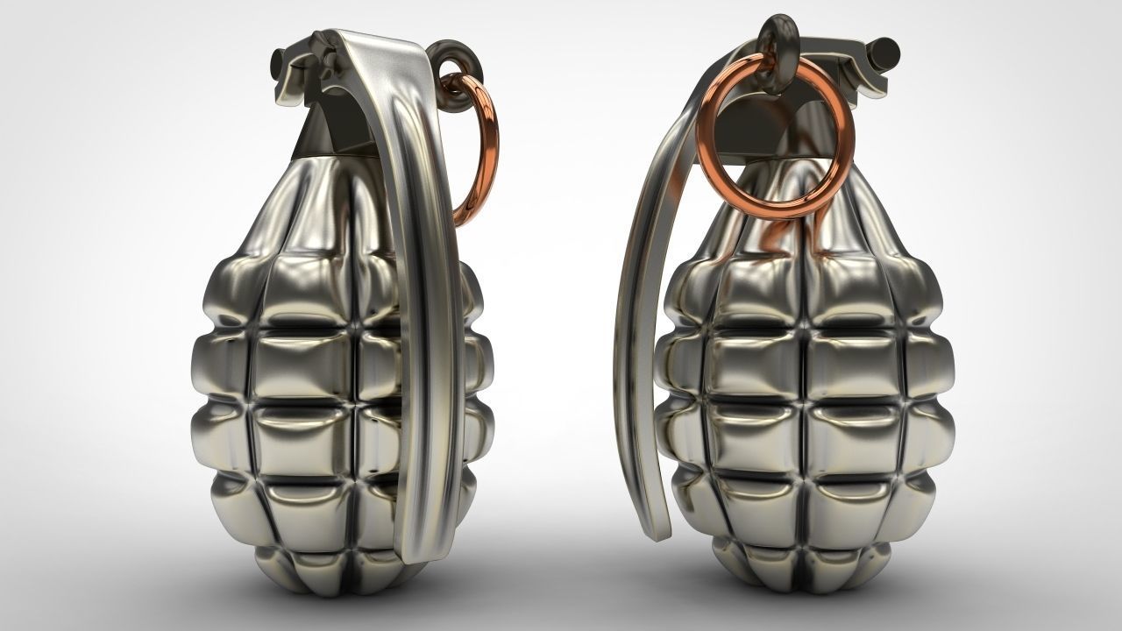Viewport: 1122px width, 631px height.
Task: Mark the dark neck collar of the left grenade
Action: click(x=324, y=131)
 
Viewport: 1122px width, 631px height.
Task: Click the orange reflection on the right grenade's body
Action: click(x=776, y=237)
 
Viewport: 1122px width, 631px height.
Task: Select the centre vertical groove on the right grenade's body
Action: click(x=802, y=394)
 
